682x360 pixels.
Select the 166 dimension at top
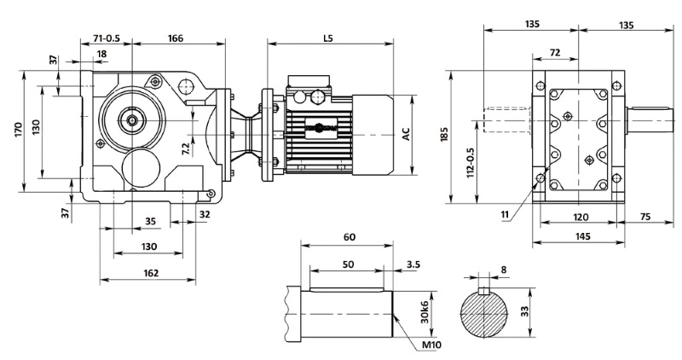(x=176, y=38)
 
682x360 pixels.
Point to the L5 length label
(x=329, y=38)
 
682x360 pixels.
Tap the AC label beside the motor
(x=407, y=134)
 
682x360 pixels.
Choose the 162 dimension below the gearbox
(x=150, y=273)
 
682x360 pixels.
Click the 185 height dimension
(x=443, y=135)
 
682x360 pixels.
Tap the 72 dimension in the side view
(x=555, y=53)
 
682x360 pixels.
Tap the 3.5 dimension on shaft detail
(x=413, y=265)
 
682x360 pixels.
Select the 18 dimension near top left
(x=102, y=54)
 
